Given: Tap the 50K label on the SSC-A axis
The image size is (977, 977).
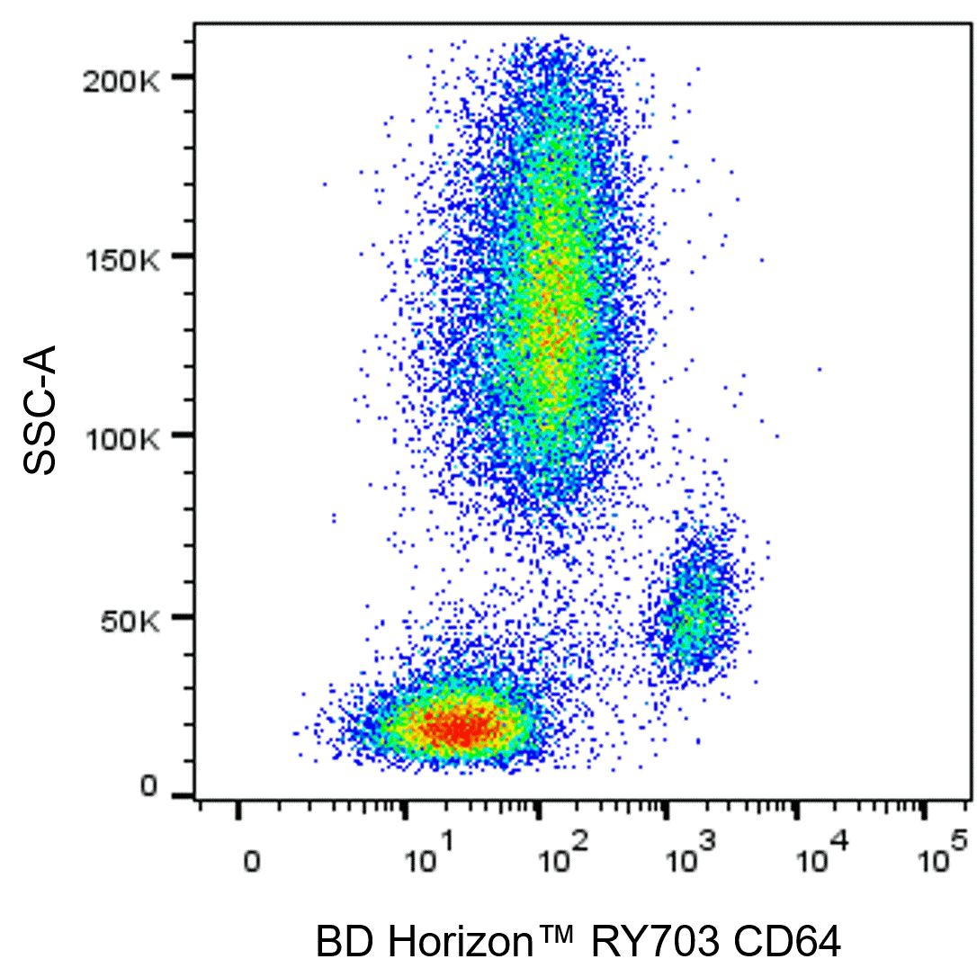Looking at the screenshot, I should (132, 621).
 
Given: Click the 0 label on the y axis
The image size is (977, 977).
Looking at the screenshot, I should (148, 789).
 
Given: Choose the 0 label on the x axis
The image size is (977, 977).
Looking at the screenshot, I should (253, 862).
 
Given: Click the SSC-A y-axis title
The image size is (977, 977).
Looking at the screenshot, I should (41, 409).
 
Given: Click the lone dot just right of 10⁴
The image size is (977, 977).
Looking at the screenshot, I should (820, 369).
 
